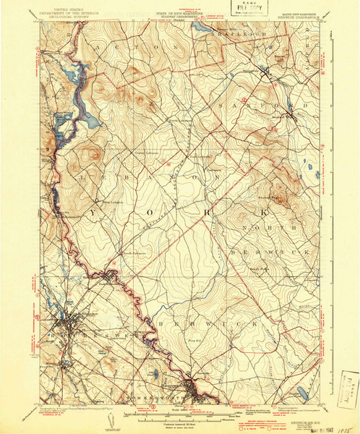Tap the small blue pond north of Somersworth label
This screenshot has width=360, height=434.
pyautogui.click(x=154, y=375)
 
